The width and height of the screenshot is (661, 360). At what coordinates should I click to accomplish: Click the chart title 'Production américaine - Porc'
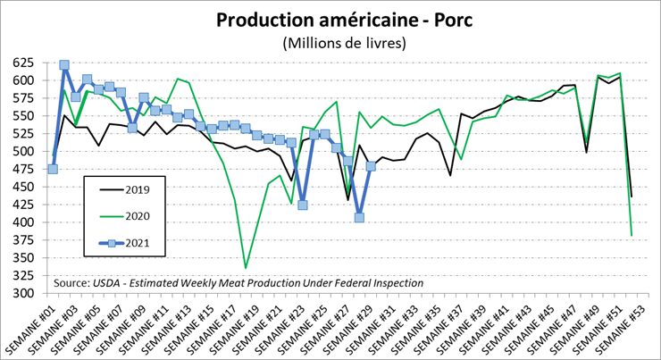point(330,20)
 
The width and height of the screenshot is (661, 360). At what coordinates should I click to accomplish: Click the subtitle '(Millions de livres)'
point(330,42)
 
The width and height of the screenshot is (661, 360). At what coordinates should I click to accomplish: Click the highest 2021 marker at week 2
point(64,65)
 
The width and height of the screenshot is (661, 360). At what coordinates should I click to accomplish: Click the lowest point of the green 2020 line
point(246,268)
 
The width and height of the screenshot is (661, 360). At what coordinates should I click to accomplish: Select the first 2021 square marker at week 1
point(53,169)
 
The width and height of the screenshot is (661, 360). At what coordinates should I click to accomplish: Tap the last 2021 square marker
point(371,166)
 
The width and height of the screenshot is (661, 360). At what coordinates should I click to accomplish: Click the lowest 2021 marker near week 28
point(359,217)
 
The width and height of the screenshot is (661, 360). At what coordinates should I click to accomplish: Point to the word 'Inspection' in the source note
point(396,283)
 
